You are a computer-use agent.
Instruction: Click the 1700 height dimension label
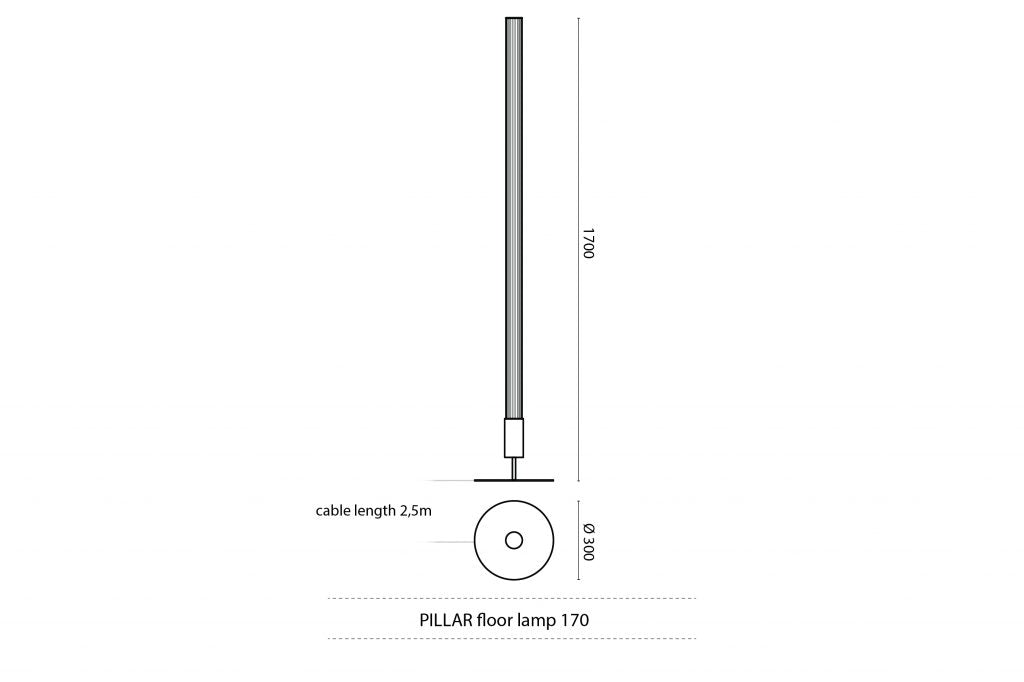[588, 244]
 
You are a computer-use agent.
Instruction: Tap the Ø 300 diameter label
[588, 541]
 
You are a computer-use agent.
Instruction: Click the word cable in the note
[335, 511]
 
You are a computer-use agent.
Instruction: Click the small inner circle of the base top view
[514, 541]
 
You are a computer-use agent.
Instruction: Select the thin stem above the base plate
[514, 468]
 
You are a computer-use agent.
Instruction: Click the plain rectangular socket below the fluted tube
[514, 437]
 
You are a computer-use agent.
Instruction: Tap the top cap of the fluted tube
[514, 18]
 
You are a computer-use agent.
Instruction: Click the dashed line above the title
[512, 599]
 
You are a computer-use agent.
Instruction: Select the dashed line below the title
[512, 638]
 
